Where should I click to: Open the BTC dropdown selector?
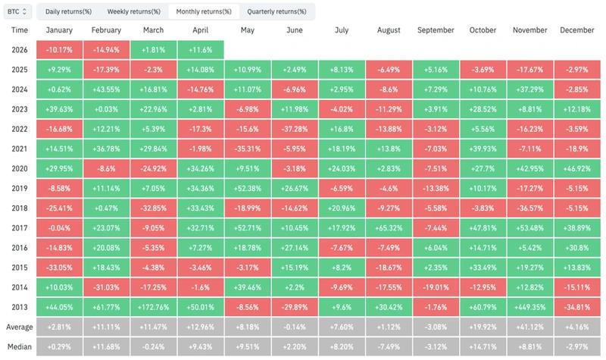[x=17, y=11]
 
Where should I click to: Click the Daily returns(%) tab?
[x=67, y=11]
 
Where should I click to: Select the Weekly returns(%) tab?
[x=133, y=11]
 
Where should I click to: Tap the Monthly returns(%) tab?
[x=203, y=11]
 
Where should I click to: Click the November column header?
[x=529, y=30]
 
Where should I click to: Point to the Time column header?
[x=20, y=30]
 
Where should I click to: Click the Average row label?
[x=20, y=327]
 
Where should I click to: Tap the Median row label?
[x=20, y=346]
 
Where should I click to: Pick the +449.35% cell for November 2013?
[x=529, y=307]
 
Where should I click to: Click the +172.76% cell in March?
[x=155, y=307]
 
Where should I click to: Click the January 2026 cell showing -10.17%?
[x=60, y=49]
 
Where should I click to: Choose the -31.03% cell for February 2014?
[x=107, y=287]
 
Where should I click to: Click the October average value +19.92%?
[x=483, y=327]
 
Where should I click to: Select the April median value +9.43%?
[x=201, y=346]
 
